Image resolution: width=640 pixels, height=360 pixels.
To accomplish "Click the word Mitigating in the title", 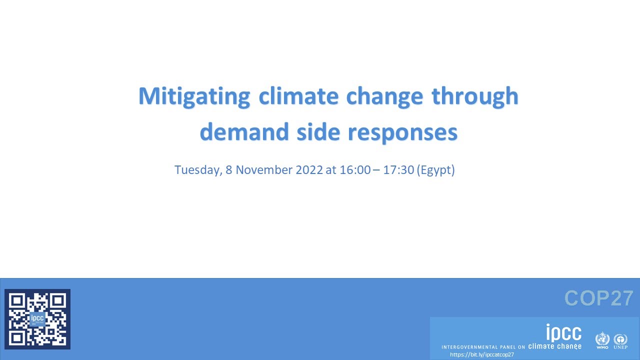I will (x=194, y=96).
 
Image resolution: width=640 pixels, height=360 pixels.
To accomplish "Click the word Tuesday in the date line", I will (x=197, y=170).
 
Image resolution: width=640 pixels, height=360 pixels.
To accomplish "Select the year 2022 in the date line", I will (x=309, y=170).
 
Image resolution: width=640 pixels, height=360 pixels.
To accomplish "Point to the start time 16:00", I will (x=355, y=170).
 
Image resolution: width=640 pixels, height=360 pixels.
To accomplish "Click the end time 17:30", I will (x=398, y=170).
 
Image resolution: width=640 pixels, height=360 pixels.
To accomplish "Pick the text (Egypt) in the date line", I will (x=436, y=170).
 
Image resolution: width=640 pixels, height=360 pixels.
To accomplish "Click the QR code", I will (x=37, y=319).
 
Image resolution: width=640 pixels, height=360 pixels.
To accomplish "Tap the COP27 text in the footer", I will (x=599, y=298).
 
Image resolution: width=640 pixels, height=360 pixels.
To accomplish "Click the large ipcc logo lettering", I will (x=563, y=332).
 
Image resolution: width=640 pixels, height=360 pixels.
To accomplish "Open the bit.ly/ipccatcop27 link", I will (x=481, y=354).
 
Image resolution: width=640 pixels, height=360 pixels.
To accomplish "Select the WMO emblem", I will (x=602, y=340).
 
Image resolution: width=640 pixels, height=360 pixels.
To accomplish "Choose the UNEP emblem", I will (x=620, y=340).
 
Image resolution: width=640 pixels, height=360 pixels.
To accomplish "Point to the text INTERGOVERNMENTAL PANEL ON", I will (x=483, y=347).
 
